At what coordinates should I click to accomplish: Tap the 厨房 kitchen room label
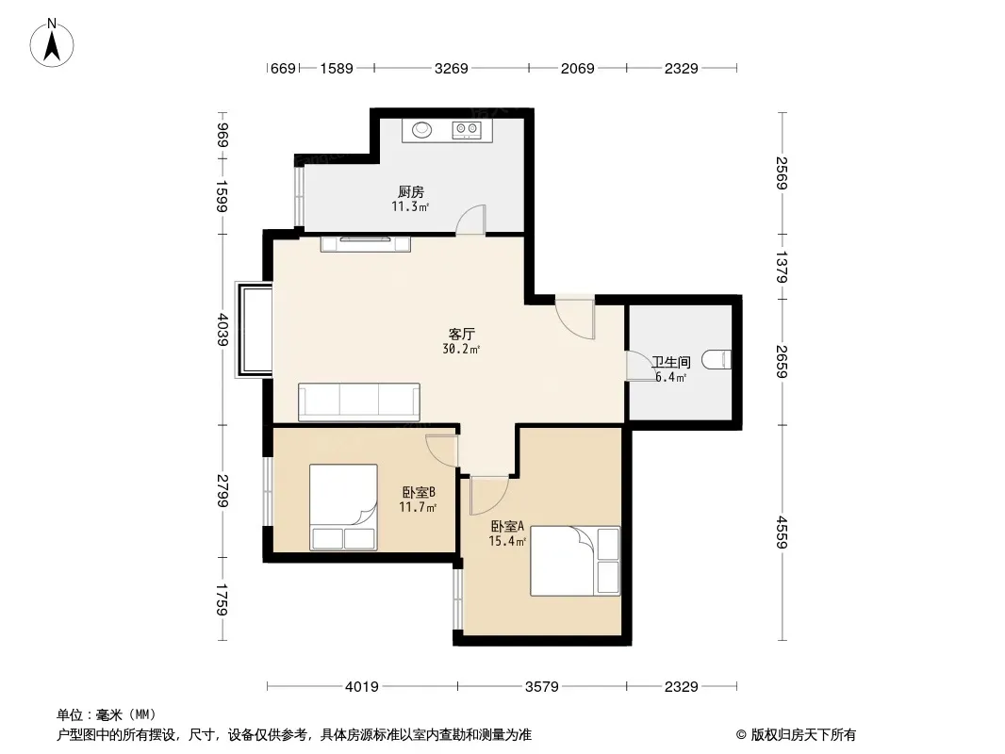pyautogui.click(x=411, y=191)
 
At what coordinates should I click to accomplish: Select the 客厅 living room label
pyautogui.click(x=461, y=334)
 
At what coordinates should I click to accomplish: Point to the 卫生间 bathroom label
pyautogui.click(x=671, y=362)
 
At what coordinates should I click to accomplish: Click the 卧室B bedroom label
pyautogui.click(x=420, y=492)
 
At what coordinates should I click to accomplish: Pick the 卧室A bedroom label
pyautogui.click(x=507, y=526)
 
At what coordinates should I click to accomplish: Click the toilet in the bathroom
pyautogui.click(x=716, y=359)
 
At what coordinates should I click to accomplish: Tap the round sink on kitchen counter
pyautogui.click(x=421, y=129)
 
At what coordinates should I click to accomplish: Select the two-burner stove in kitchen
pyautogui.click(x=467, y=130)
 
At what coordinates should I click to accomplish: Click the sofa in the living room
pyautogui.click(x=359, y=402)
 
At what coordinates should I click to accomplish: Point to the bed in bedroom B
pyautogui.click(x=343, y=507)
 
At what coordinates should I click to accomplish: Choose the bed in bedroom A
pyautogui.click(x=575, y=561)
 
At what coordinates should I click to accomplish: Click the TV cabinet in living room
pyautogui.click(x=366, y=243)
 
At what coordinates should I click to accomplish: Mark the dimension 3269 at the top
pyautogui.click(x=452, y=68)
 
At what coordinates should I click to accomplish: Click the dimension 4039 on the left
pyautogui.click(x=222, y=329)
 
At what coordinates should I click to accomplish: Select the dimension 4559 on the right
pyautogui.click(x=782, y=533)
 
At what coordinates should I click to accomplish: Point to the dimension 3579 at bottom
pyautogui.click(x=541, y=687)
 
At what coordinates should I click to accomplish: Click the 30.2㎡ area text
pyautogui.click(x=461, y=349)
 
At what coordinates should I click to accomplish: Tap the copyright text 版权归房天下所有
pyautogui.click(x=803, y=735)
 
